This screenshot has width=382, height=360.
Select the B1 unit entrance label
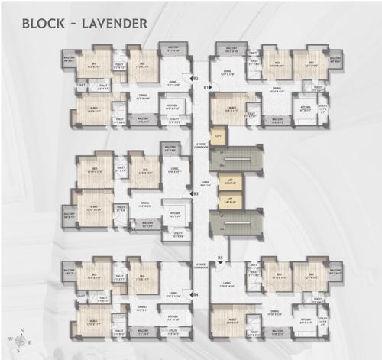click(206, 88)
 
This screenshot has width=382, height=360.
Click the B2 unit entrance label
click(196, 78)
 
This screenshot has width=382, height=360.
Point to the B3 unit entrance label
click(196, 193)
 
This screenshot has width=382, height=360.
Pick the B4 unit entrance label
click(196, 294)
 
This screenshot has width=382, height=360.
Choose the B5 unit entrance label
click(219, 258)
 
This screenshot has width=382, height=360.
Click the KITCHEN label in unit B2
click(173, 104)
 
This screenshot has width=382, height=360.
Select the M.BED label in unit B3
click(92, 207)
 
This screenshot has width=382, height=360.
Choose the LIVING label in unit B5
click(226, 284)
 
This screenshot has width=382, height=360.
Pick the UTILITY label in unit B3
click(178, 235)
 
